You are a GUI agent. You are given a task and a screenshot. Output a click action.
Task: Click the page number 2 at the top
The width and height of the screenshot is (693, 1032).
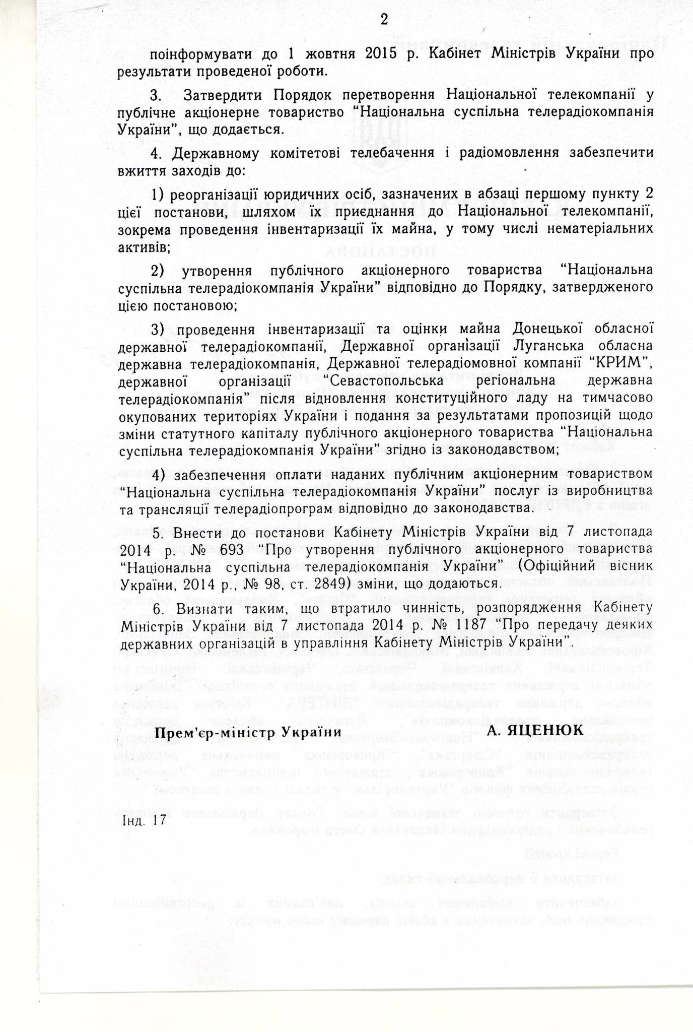384,20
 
